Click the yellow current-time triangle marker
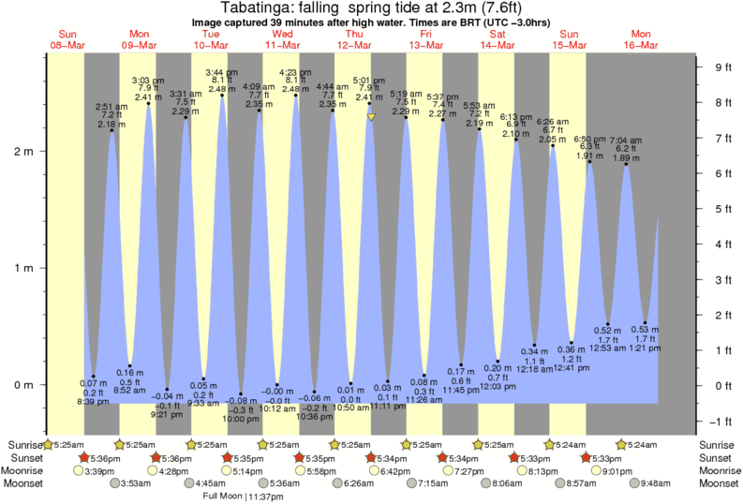click(x=371, y=117)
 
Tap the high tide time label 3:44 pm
click(x=221, y=72)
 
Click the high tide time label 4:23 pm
click(x=295, y=72)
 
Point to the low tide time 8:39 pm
click(x=93, y=402)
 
